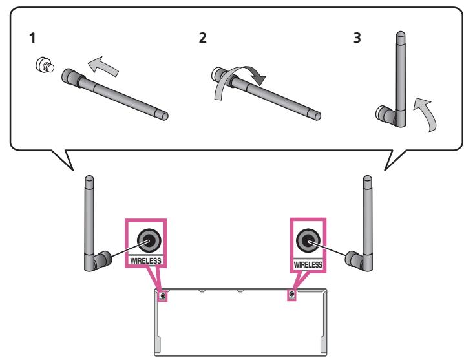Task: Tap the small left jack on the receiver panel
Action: [x=162, y=296]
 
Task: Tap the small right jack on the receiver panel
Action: [x=292, y=295]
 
